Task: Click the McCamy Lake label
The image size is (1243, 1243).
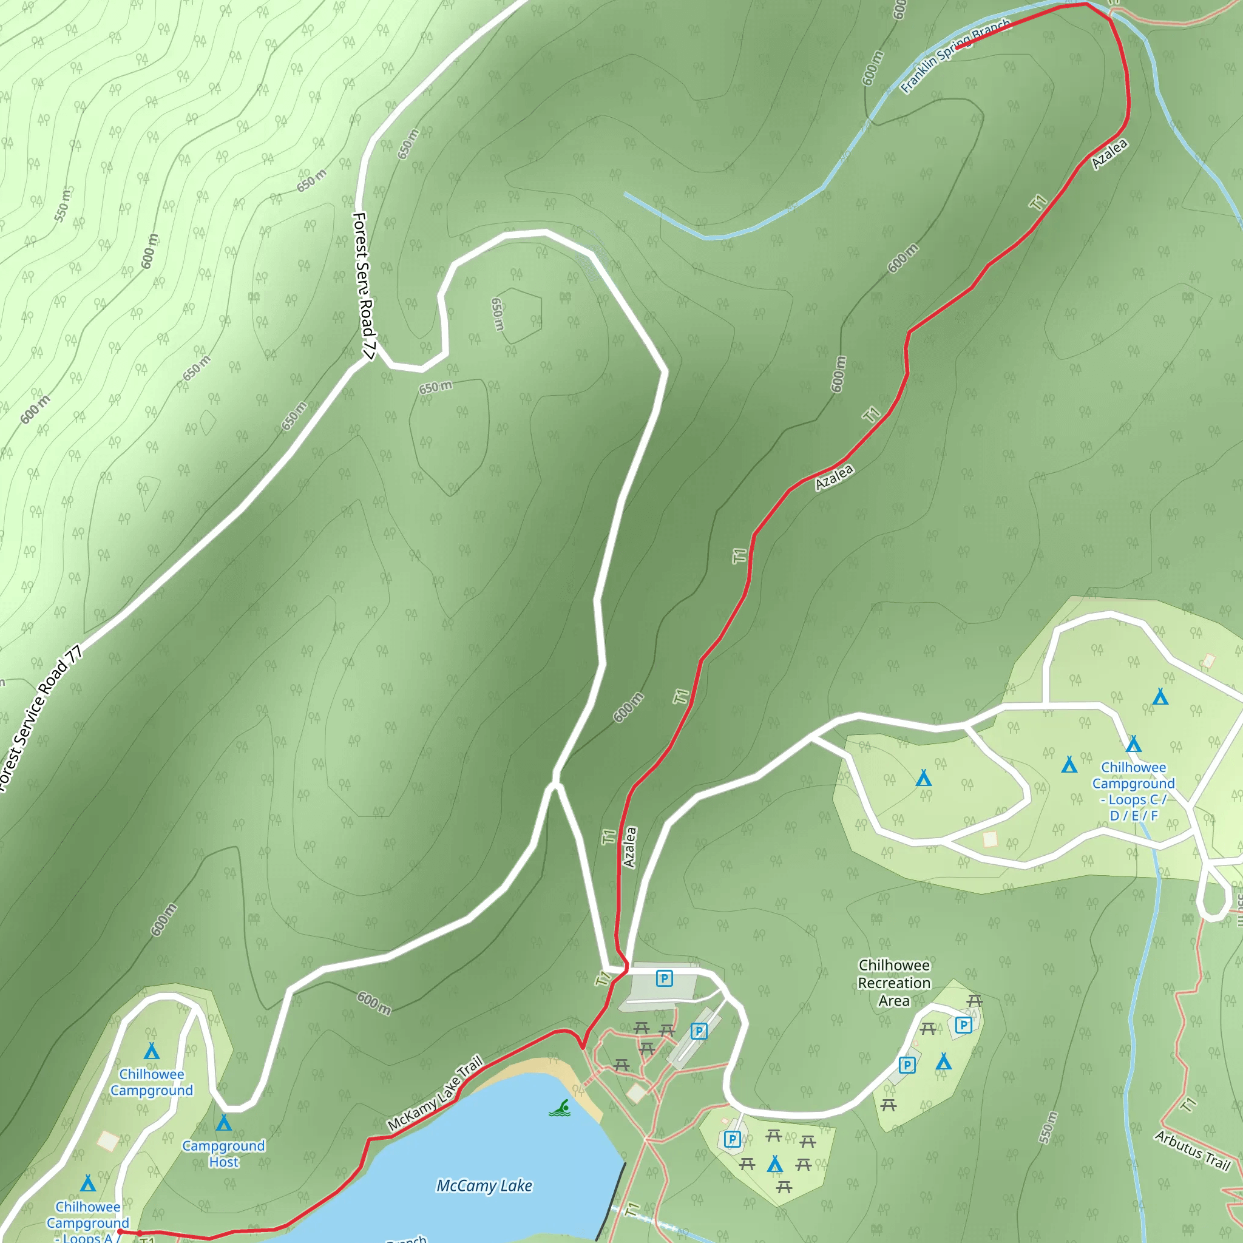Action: [484, 1185]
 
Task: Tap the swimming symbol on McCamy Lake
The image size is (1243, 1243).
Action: [560, 1108]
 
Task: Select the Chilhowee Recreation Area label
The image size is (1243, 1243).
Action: [893, 983]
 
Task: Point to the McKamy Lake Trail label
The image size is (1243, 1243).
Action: [435, 1093]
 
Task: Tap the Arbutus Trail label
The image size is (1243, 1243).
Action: [1192, 1150]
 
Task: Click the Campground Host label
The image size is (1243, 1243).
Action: [223, 1154]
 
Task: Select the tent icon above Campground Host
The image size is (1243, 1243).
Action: [223, 1123]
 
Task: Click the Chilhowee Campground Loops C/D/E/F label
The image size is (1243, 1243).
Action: [1133, 791]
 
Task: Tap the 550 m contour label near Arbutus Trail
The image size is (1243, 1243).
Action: [1048, 1127]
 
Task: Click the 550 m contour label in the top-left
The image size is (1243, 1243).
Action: [63, 205]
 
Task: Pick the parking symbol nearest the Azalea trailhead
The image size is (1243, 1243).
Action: [664, 978]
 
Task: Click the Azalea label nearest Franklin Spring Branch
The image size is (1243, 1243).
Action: [1109, 154]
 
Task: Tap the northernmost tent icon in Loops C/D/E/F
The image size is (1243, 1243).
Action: [1160, 696]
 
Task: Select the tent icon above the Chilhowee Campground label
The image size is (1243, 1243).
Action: [151, 1051]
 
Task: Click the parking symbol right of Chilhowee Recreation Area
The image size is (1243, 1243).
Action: [963, 1025]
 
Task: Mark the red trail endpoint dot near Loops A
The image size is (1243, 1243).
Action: [120, 1231]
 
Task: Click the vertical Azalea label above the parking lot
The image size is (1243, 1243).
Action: [630, 847]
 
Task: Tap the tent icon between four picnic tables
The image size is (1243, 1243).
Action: [774, 1164]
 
